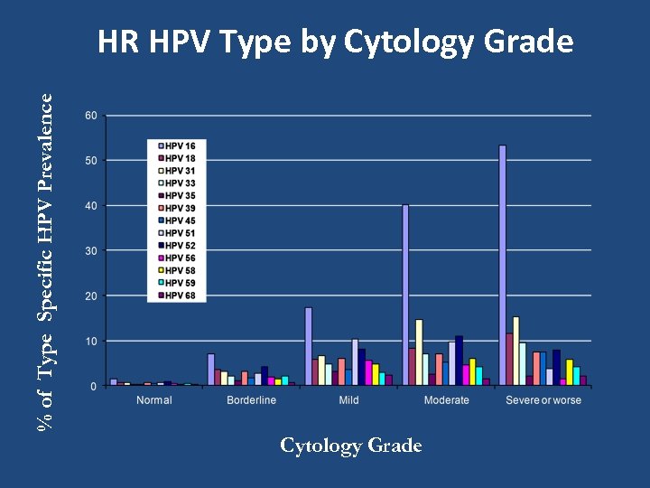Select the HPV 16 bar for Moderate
[405, 296]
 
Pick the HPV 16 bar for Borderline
[210, 370]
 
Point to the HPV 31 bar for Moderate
[419, 352]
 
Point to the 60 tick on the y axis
[91, 116]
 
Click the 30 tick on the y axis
[91, 250]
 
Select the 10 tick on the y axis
[91, 341]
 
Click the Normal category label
[154, 400]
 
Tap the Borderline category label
[252, 400]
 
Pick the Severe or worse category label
[543, 400]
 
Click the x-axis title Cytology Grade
[351, 446]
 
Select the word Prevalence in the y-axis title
[52, 132]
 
